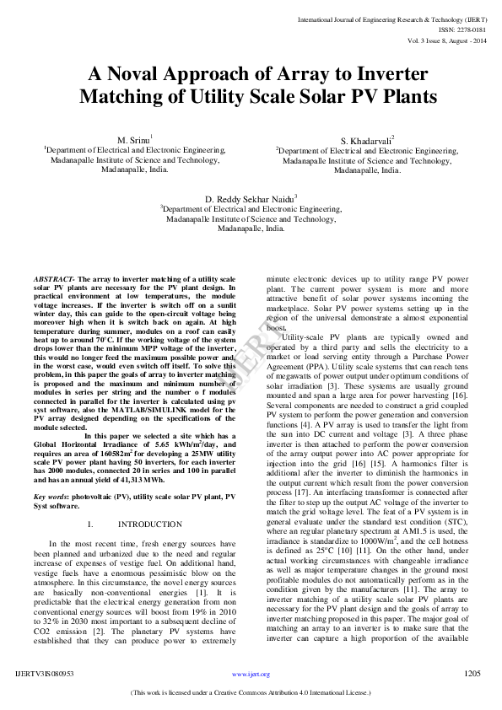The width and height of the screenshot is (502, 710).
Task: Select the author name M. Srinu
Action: point(133,138)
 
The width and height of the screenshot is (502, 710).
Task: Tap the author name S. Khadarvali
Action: point(365,140)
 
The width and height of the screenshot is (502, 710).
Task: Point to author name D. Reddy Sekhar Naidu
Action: point(251,198)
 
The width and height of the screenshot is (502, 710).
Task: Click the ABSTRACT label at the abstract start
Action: point(54,278)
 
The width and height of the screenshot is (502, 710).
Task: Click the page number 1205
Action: point(472,674)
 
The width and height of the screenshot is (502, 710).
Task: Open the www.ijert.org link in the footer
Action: point(251,675)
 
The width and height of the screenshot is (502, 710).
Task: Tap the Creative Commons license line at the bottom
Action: point(251,692)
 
